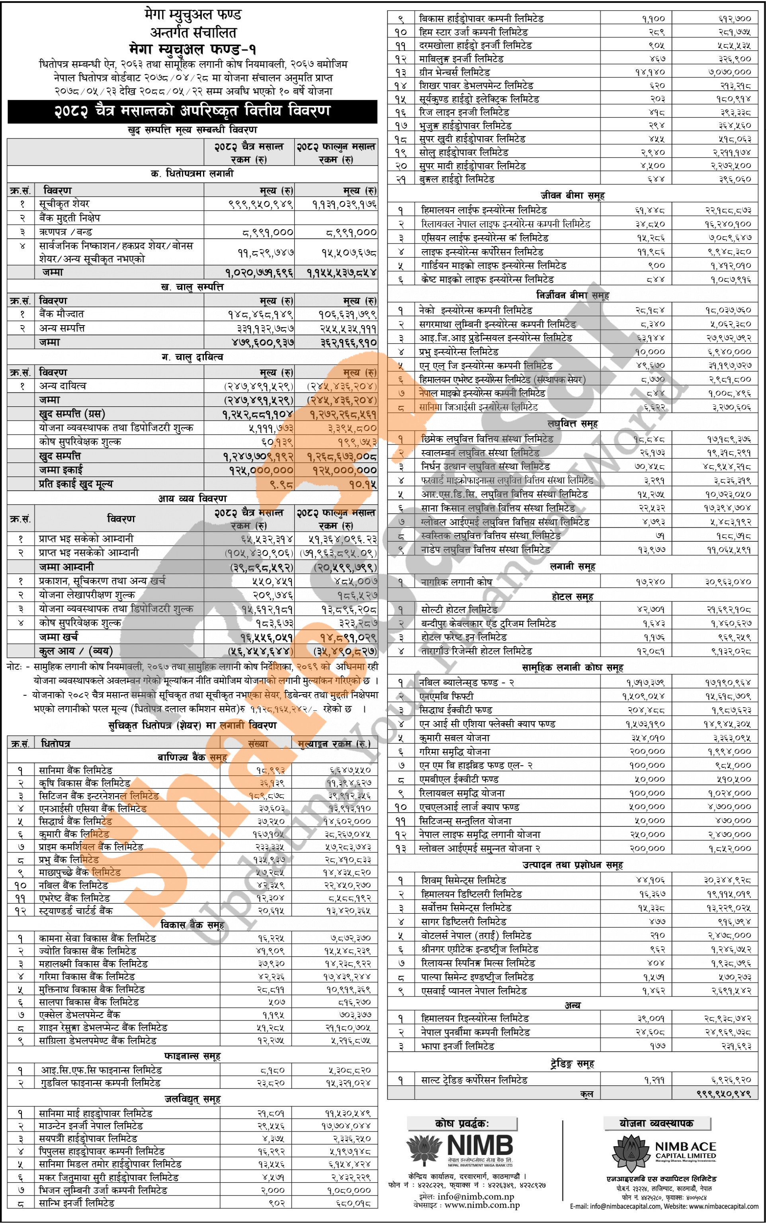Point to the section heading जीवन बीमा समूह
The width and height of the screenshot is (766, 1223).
pos(572,195)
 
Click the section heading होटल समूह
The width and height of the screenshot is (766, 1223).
pos(572,597)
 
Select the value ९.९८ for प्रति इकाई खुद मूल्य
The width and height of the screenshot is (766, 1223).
pos(281,484)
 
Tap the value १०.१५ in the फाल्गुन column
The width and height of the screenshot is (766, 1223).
pos(363,484)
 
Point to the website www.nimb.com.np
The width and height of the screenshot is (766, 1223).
pos(482,1205)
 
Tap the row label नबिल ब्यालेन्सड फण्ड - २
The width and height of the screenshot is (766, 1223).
pos(466,683)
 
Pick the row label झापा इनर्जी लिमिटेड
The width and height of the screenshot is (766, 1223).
pos(457,1046)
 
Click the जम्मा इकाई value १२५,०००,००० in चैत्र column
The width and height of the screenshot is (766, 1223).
pos(260,470)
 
